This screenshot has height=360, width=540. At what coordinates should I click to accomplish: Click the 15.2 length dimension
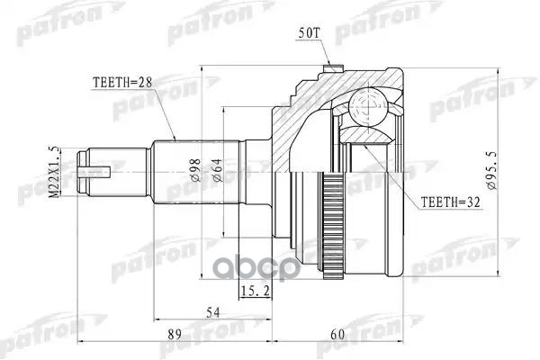254,289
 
